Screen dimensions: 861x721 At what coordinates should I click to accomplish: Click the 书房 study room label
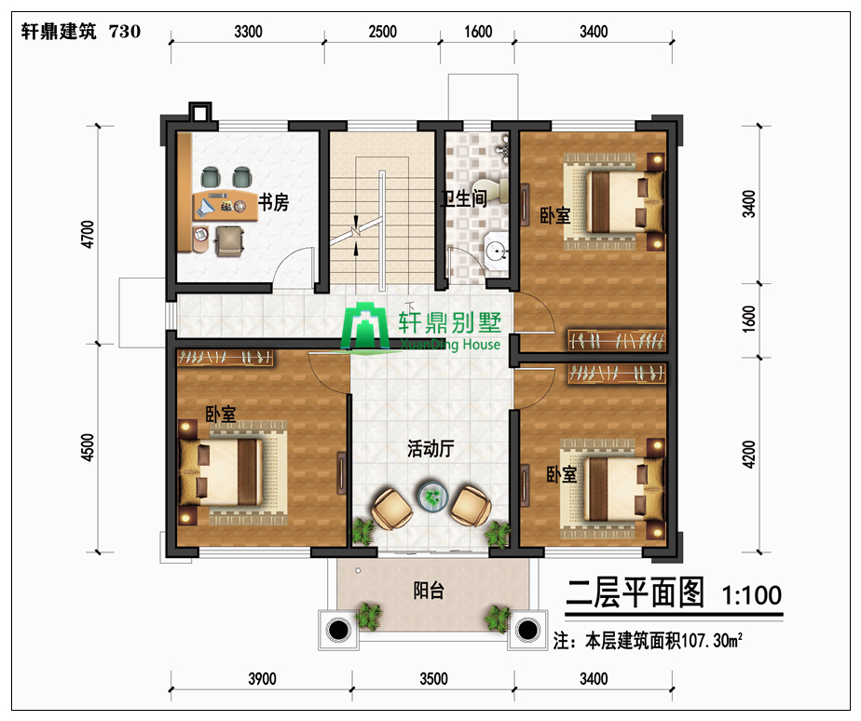[x=273, y=202]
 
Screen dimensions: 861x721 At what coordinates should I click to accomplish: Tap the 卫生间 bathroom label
[x=464, y=198]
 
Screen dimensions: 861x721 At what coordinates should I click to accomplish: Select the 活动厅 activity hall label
[x=430, y=449]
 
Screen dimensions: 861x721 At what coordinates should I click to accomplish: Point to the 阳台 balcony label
[x=429, y=591]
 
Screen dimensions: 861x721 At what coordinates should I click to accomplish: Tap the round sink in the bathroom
[x=497, y=252]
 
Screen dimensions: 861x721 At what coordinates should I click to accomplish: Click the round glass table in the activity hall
[x=432, y=497]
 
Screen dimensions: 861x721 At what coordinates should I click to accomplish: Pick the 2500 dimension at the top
[x=382, y=32]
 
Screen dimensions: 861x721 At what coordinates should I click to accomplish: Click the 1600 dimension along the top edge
[x=478, y=32]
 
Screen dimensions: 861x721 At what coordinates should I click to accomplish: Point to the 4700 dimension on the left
[x=88, y=234]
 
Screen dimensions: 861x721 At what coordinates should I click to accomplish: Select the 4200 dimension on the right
[x=748, y=455]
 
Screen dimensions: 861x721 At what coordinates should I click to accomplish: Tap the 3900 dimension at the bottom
[x=262, y=679]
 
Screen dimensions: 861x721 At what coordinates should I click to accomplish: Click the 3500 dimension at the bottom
[x=434, y=679]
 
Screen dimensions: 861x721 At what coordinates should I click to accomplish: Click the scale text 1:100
[x=751, y=594]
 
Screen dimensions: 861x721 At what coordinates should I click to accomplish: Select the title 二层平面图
[x=635, y=593]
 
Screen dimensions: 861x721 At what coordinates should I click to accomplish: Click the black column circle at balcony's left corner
[x=339, y=630]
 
